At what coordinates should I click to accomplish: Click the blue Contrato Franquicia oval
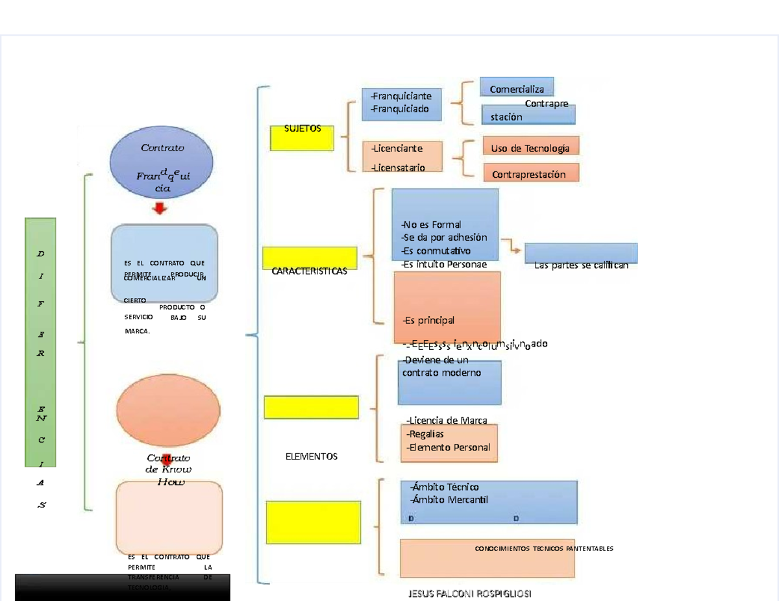pos(162,163)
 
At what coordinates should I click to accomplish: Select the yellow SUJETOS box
pos(302,138)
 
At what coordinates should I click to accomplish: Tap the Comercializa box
pos(517,87)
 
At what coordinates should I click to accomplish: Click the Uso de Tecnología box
pos(530,146)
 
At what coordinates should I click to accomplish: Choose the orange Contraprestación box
pos(530,173)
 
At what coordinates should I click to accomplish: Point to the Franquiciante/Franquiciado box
pos(401,104)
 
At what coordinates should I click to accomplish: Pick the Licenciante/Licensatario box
pos(402,157)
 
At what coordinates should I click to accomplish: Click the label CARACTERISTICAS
pos(310,271)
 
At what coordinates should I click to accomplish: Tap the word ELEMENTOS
pos(312,457)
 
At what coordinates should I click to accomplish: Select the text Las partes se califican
pos(581,265)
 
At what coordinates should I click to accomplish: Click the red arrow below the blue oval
pos(160,208)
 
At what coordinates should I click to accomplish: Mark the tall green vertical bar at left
pos(40,342)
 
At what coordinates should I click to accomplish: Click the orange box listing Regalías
pos(449,443)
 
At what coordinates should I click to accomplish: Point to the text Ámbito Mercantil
pos(449,500)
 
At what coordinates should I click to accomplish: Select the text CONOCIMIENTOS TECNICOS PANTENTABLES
pos(544,549)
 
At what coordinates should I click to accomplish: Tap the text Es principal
pos(428,320)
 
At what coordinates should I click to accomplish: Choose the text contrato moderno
pos(441,373)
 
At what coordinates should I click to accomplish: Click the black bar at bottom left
pos(122,587)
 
